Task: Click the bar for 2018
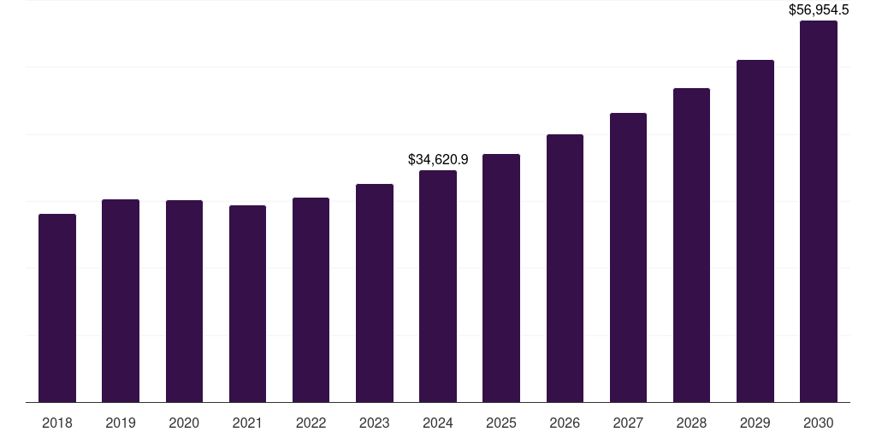click(57, 308)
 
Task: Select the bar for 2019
click(121, 300)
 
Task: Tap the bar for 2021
click(247, 304)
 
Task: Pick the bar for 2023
click(375, 293)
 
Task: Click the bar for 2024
click(438, 286)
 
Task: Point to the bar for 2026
click(565, 268)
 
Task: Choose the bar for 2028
click(691, 245)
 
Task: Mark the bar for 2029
click(755, 231)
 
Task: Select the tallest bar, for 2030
click(819, 211)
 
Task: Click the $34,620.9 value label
click(438, 159)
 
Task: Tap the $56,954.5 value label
click(819, 10)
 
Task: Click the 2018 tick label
click(57, 423)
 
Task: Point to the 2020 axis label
click(184, 423)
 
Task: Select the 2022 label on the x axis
click(311, 423)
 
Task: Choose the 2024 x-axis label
click(438, 423)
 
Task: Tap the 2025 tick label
click(501, 423)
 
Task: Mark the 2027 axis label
click(628, 423)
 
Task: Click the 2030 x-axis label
click(819, 423)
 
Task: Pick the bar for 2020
click(184, 301)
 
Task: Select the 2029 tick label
click(755, 423)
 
